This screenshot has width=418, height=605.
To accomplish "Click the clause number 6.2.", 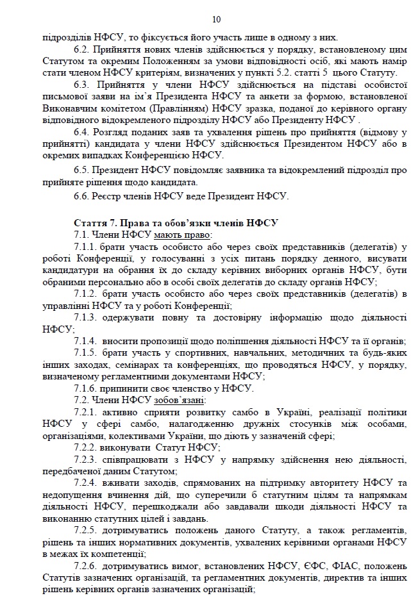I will [x=82, y=49].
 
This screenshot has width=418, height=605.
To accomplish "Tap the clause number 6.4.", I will [x=82, y=131].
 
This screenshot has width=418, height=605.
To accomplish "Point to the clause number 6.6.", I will [x=82, y=195].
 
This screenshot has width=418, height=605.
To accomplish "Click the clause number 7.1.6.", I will [x=87, y=388].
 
